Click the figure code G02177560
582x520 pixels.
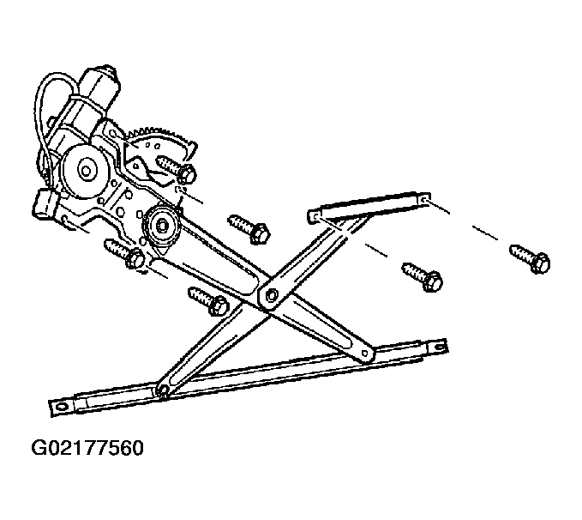click(87, 448)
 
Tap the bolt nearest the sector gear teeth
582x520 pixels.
click(177, 170)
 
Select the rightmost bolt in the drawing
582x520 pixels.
click(530, 258)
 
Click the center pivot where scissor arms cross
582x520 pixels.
click(271, 295)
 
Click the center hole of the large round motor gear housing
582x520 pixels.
click(86, 171)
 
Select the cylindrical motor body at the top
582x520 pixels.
click(88, 104)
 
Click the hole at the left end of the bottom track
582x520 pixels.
click(61, 407)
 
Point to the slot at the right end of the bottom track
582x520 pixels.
click(439, 348)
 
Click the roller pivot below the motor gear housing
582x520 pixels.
click(162, 225)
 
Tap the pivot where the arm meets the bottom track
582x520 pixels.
click(164, 390)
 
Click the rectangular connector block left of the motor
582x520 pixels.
click(45, 203)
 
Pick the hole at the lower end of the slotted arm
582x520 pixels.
click(365, 353)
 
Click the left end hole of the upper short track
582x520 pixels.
click(314, 216)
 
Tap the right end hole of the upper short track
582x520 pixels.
click(424, 200)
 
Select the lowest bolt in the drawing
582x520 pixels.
click(208, 300)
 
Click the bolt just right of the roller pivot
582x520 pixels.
click(249, 228)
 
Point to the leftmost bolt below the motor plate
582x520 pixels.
click(125, 254)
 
